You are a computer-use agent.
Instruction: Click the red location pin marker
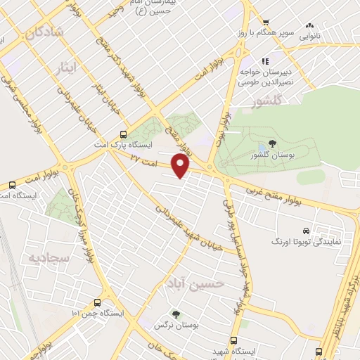click(181, 166)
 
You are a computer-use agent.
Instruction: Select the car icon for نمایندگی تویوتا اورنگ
click(306, 231)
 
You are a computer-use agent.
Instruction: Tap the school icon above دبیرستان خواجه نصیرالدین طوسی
click(266, 60)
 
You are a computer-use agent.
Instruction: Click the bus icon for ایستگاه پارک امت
click(124, 134)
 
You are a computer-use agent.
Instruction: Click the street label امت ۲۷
click(143, 161)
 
